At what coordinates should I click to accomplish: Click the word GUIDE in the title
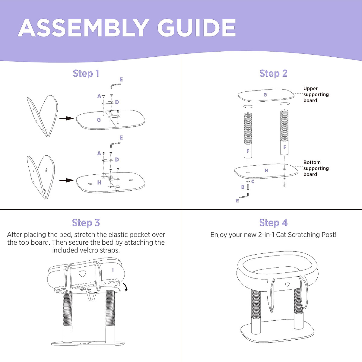pyautogui.click(x=196, y=28)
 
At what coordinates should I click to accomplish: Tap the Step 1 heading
pyautogui.click(x=86, y=73)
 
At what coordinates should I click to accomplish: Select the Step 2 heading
pyautogui.click(x=273, y=73)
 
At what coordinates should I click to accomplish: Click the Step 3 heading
pyautogui.click(x=86, y=223)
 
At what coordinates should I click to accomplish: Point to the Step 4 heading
pyautogui.click(x=273, y=223)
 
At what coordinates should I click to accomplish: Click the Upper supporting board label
pyautogui.click(x=316, y=94)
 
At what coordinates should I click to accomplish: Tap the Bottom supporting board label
pyautogui.click(x=316, y=168)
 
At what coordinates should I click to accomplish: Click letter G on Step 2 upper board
pyautogui.click(x=265, y=95)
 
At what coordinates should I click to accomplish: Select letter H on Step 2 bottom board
pyautogui.click(x=266, y=170)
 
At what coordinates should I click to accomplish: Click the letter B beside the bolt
pyautogui.click(x=243, y=187)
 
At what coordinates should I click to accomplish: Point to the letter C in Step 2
pyautogui.click(x=253, y=182)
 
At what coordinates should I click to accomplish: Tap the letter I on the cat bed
pyautogui.click(x=113, y=270)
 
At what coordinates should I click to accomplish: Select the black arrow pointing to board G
pyautogui.click(x=66, y=119)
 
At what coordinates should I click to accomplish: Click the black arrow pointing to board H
pyautogui.click(x=66, y=180)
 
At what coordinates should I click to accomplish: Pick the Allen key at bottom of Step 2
pyautogui.click(x=244, y=196)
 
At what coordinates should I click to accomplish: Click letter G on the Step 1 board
pyautogui.click(x=99, y=120)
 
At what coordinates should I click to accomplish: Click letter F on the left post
pyautogui.click(x=248, y=151)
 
